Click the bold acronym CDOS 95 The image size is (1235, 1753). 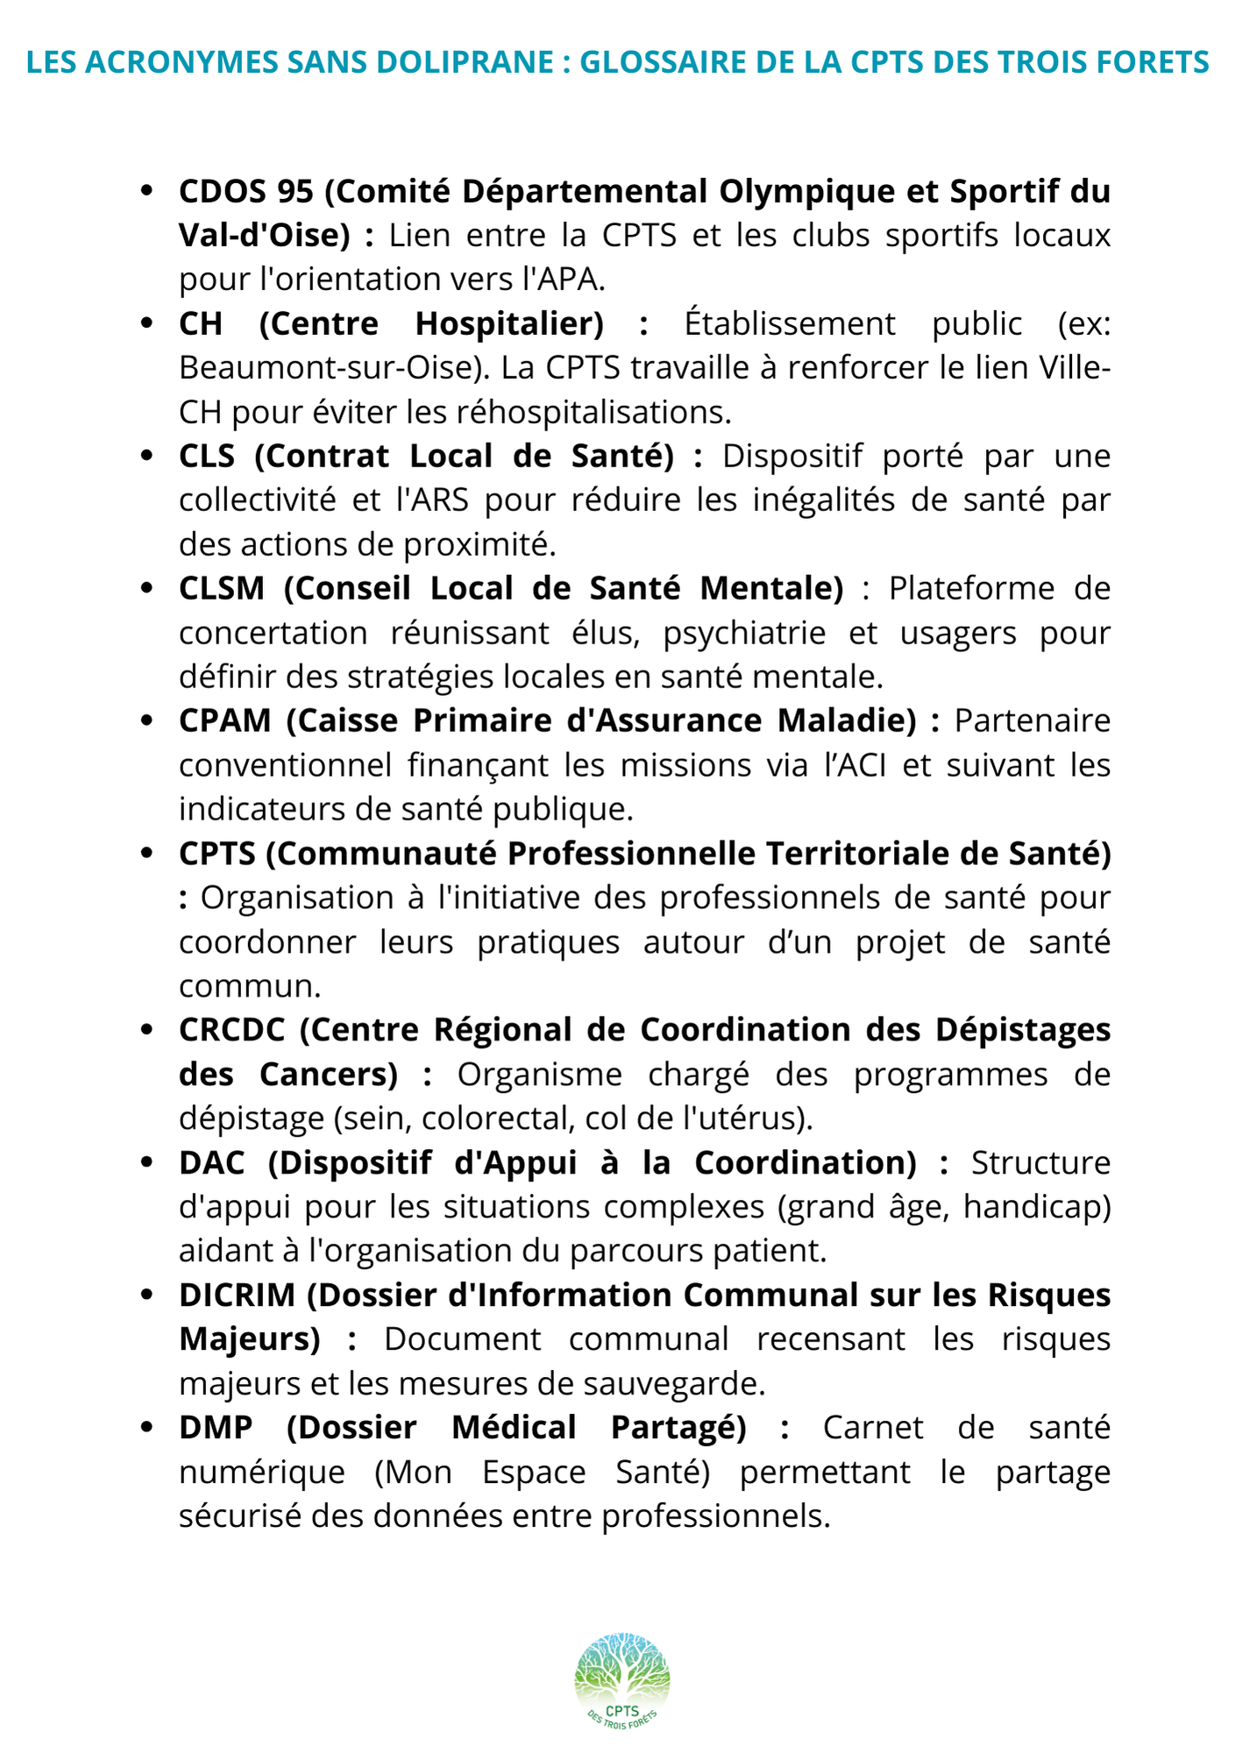click(246, 190)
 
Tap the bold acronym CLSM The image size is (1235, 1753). click(222, 587)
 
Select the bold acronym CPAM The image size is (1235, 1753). click(225, 720)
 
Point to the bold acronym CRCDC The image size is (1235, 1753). click(232, 1029)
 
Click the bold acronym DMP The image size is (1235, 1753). click(216, 1426)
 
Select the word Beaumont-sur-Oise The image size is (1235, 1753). click(332, 367)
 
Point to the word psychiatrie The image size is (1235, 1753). click(744, 632)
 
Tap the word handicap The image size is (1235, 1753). click(1036, 1206)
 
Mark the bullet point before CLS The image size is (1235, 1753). click(147, 456)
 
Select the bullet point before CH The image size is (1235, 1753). click(147, 323)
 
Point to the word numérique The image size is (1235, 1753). click(262, 1471)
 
